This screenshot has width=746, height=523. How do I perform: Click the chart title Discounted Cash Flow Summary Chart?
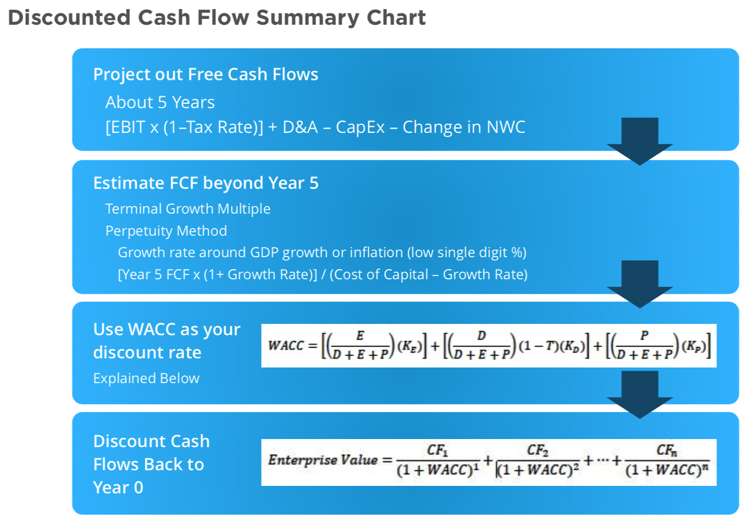(x=217, y=18)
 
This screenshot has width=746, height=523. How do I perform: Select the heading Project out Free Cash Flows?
(x=206, y=74)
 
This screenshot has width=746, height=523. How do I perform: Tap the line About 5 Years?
(x=160, y=102)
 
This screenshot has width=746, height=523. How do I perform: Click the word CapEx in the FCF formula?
(x=360, y=127)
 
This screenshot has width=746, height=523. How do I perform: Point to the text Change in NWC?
(x=464, y=127)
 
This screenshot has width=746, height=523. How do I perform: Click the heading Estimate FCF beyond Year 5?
(x=206, y=183)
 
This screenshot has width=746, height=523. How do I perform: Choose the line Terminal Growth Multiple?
(x=188, y=209)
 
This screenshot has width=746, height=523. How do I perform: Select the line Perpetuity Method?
(x=166, y=231)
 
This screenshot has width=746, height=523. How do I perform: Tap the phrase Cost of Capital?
(x=382, y=274)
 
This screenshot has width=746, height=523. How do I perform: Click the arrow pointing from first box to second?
(x=640, y=141)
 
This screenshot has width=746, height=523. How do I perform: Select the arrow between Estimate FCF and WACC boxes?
(x=640, y=284)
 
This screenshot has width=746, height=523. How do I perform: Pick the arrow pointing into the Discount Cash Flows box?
(x=640, y=394)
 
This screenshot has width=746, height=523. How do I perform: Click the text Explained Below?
(x=146, y=378)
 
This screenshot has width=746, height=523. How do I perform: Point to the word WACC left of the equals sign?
(x=286, y=346)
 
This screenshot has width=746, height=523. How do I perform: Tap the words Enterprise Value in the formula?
(x=323, y=461)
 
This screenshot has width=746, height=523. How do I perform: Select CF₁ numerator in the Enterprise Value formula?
(x=438, y=450)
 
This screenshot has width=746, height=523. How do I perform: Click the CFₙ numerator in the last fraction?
(x=667, y=450)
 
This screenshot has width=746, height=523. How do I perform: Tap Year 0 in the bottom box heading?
(x=118, y=487)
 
